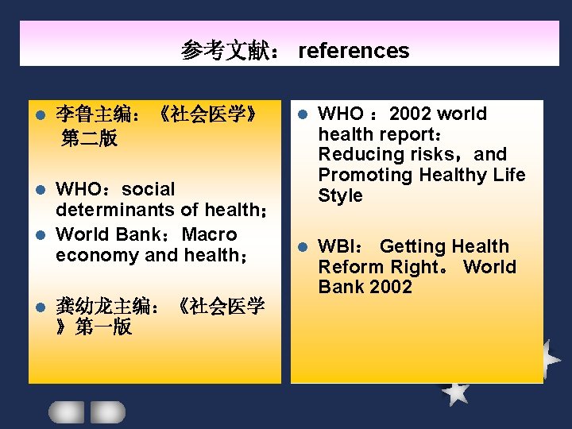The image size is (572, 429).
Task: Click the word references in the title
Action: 354,52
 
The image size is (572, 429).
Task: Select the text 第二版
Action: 89,139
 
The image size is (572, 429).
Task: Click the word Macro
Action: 210,234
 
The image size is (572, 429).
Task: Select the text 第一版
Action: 103,327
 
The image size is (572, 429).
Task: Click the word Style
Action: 340,195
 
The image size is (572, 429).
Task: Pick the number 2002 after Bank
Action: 390,287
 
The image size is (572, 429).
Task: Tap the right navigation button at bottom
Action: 107,412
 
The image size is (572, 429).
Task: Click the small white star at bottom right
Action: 455,391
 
